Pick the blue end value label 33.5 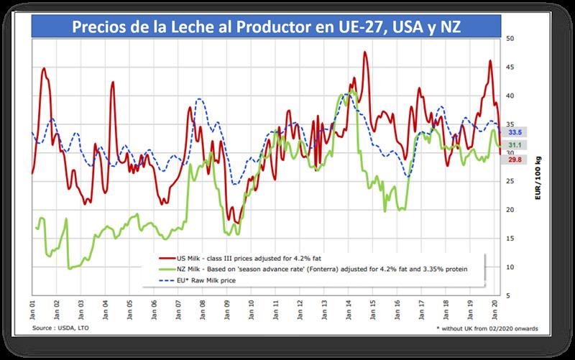coord(535,133)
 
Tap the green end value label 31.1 coord(535,146)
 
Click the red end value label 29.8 coord(535,160)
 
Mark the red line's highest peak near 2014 coord(366,52)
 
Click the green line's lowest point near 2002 coord(70,269)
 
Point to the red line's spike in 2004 coord(113,82)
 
